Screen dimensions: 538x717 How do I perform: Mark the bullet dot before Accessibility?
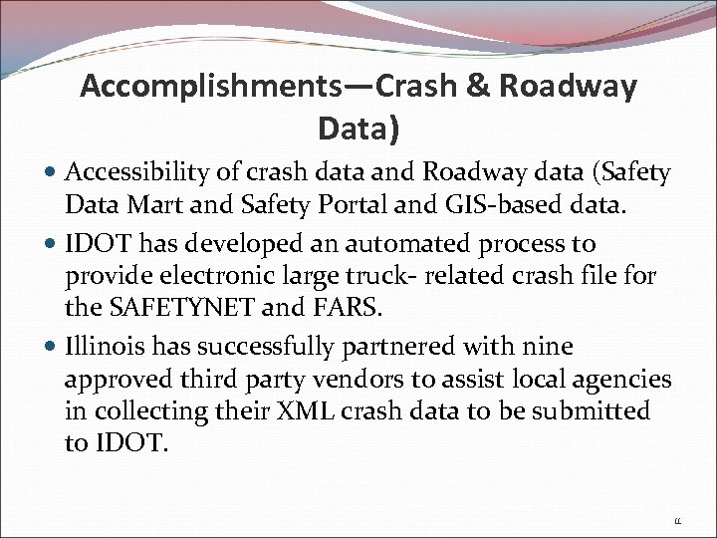tap(51, 174)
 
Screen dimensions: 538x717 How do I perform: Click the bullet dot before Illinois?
tap(51, 348)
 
